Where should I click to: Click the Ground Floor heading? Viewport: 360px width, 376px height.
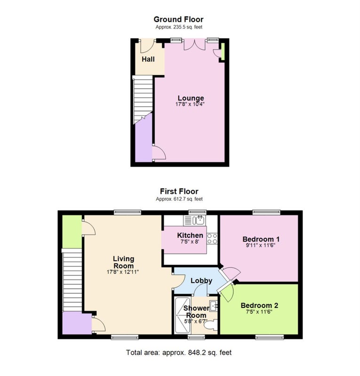click(x=178, y=19)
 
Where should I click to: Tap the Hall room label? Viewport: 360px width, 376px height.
click(x=148, y=59)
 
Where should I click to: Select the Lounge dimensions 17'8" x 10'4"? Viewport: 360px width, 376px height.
click(x=190, y=104)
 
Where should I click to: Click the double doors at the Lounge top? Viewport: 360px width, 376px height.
click(x=195, y=45)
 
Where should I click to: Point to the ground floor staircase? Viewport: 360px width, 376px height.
click(x=143, y=100)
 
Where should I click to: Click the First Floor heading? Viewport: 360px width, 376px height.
click(x=179, y=191)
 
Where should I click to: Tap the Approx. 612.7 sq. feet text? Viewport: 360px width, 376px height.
click(x=179, y=199)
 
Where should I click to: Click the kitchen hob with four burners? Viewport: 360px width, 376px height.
click(x=212, y=239)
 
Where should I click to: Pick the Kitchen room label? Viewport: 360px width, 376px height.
click(x=190, y=235)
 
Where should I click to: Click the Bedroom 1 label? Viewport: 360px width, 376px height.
click(x=261, y=239)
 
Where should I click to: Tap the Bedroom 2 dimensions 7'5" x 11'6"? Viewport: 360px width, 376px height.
click(x=259, y=312)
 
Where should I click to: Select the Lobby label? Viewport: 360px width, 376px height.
click(x=201, y=281)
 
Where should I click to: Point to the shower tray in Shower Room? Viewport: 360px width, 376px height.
click(x=183, y=315)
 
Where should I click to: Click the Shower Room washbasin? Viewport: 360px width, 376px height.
click(x=214, y=306)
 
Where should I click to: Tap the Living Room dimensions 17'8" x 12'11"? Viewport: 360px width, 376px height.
click(x=123, y=272)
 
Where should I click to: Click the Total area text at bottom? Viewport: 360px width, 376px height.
click(x=179, y=352)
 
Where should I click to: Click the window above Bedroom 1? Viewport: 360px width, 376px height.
click(x=266, y=212)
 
